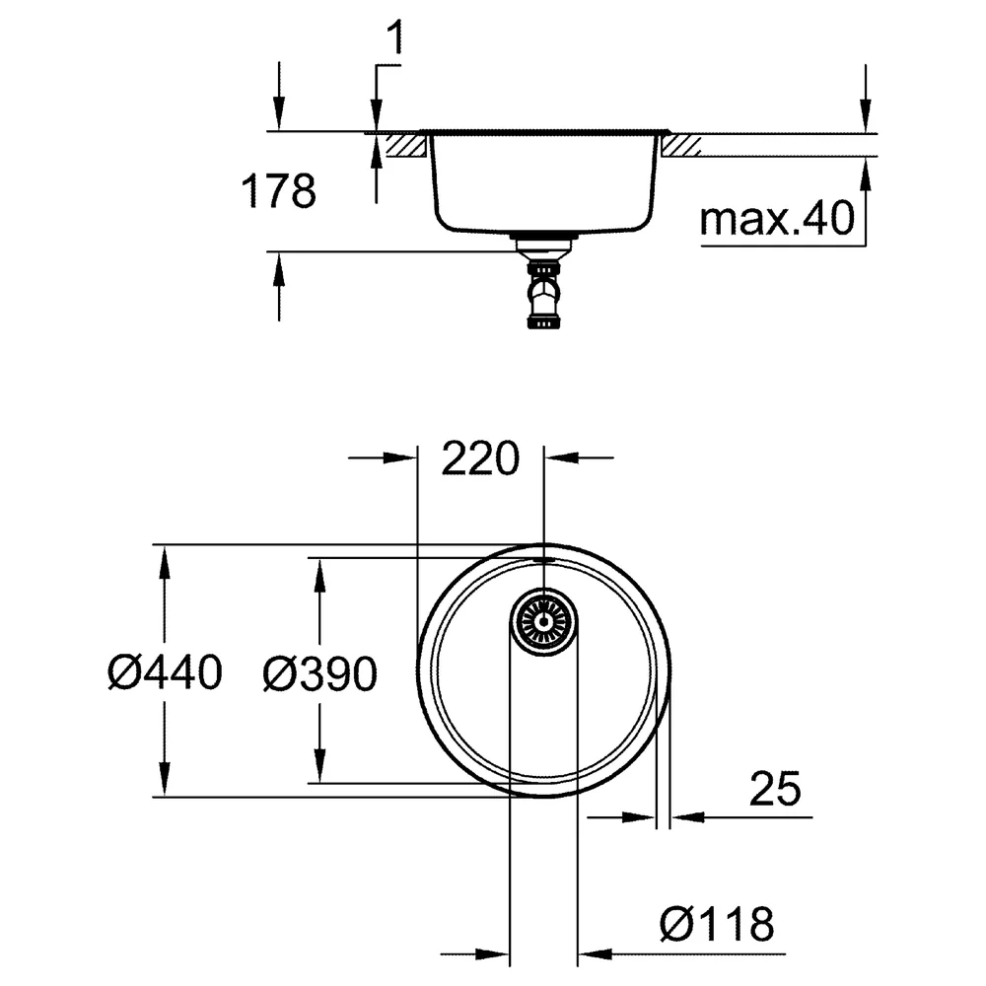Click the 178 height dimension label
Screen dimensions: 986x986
click(x=279, y=191)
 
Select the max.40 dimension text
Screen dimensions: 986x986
click(x=777, y=218)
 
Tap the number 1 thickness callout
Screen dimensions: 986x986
click(x=393, y=37)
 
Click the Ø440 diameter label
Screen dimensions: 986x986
click(x=165, y=671)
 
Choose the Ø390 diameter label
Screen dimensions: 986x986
click(x=320, y=673)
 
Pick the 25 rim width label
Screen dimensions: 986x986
click(x=775, y=788)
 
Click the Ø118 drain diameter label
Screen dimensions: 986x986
click(x=717, y=924)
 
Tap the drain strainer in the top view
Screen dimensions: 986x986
click(x=543, y=622)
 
